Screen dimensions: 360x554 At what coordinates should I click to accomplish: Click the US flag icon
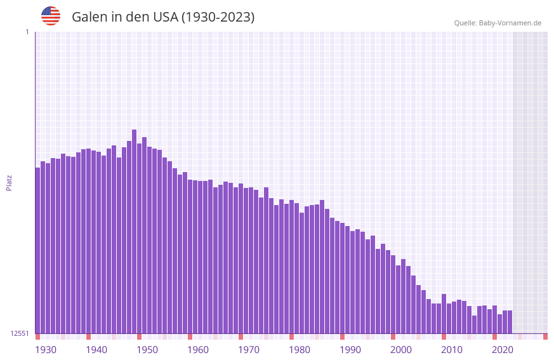click(51, 16)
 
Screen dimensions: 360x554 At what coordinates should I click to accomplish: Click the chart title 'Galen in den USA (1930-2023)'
click(163, 17)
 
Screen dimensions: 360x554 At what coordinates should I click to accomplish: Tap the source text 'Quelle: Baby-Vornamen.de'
click(498, 23)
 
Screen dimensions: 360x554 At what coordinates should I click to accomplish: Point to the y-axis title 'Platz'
click(9, 183)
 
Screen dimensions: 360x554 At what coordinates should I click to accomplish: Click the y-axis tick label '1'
click(27, 32)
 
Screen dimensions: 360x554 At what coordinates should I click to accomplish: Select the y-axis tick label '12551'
click(19, 333)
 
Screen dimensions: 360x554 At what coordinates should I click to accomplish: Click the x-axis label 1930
click(46, 350)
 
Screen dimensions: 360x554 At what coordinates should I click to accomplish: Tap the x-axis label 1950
click(147, 350)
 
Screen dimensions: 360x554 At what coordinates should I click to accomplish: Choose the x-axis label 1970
click(249, 350)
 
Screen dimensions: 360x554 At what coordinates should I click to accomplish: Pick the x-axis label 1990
click(350, 350)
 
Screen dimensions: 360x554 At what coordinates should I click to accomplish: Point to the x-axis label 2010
click(452, 350)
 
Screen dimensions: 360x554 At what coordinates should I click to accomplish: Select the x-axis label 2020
click(503, 350)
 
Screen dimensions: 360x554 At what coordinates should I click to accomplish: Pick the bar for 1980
click(291, 267)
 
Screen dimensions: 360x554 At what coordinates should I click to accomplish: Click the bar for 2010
click(444, 314)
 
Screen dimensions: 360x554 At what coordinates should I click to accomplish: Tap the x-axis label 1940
click(96, 350)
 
